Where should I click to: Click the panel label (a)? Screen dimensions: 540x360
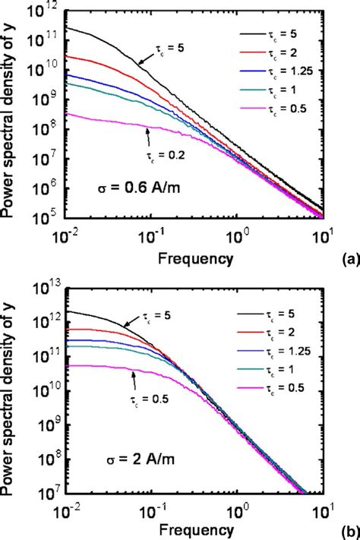coord(349,259)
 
